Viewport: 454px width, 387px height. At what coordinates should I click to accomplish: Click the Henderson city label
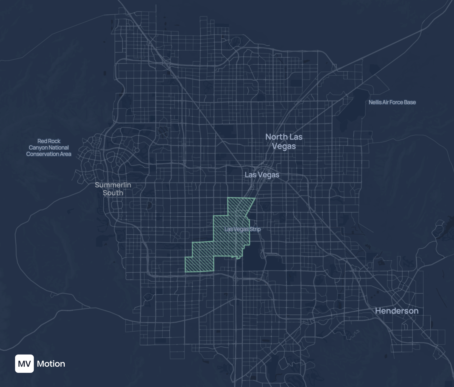click(x=397, y=311)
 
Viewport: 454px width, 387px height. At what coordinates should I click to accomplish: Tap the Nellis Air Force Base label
click(x=392, y=102)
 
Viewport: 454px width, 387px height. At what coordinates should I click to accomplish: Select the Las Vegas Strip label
click(x=242, y=229)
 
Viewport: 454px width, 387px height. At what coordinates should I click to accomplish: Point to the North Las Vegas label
click(x=284, y=142)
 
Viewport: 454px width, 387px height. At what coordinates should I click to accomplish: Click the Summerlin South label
click(x=113, y=189)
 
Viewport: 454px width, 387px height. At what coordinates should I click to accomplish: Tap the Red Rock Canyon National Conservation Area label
click(x=49, y=147)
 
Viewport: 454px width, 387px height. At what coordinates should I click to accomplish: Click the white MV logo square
click(x=25, y=364)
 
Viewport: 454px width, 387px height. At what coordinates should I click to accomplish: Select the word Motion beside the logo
click(x=51, y=364)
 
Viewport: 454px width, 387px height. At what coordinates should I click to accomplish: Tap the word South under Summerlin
click(x=113, y=193)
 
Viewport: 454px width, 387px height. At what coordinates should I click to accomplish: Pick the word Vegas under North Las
click(x=284, y=146)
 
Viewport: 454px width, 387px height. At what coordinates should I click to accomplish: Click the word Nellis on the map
click(x=375, y=102)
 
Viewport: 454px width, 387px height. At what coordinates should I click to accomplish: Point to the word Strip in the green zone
click(x=255, y=229)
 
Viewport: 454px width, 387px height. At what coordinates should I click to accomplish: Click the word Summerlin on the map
click(x=113, y=185)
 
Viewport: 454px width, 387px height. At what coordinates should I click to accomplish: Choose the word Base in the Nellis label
click(x=410, y=102)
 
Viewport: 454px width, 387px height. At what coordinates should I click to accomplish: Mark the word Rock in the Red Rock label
click(x=55, y=141)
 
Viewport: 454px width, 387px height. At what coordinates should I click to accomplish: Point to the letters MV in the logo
click(x=25, y=364)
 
